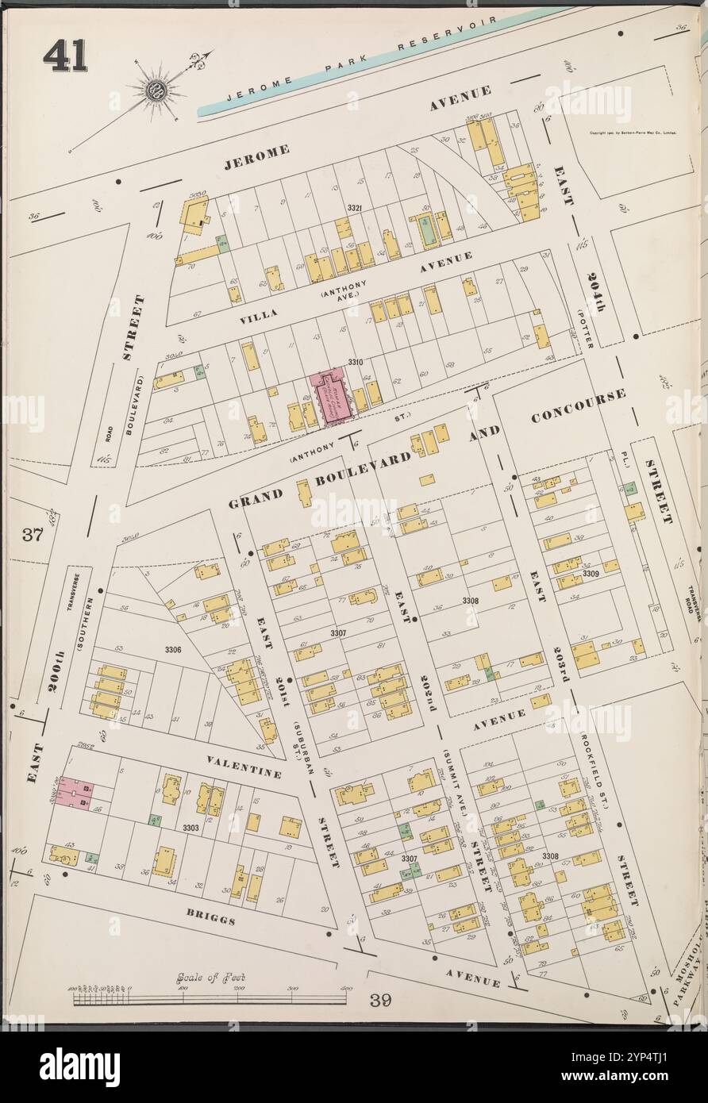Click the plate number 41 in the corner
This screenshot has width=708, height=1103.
pyautogui.click(x=65, y=56)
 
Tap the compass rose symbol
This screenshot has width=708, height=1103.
pyautogui.click(x=156, y=90)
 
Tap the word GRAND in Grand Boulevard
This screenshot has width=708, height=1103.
pyautogui.click(x=256, y=498)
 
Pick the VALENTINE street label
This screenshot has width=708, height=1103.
pyautogui.click(x=244, y=767)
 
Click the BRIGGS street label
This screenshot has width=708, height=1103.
pyautogui.click(x=212, y=918)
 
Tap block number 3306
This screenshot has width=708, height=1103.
pyautogui.click(x=172, y=650)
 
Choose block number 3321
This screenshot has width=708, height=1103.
pyautogui.click(x=354, y=208)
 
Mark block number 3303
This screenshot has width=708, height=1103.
pyautogui.click(x=190, y=828)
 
